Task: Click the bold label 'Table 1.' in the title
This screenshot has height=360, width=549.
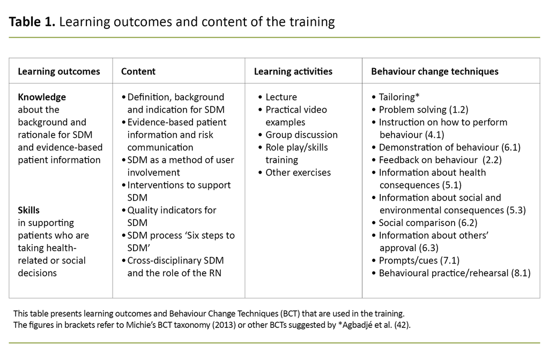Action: (32, 22)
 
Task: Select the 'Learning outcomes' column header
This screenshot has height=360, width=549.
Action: (59, 71)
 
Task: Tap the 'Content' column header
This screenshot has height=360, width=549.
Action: (138, 71)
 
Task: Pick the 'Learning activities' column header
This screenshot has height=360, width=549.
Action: (293, 71)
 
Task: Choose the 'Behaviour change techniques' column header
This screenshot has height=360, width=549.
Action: (435, 71)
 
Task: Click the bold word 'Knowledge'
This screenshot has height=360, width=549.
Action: (42, 97)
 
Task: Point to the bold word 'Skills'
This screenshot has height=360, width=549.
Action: (28, 210)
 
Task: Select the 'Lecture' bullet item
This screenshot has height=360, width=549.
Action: (281, 97)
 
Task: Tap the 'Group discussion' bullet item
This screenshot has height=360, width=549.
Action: (301, 135)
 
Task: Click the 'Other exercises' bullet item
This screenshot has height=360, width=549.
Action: (298, 172)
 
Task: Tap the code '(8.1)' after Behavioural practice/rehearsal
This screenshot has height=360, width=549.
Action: (520, 273)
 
